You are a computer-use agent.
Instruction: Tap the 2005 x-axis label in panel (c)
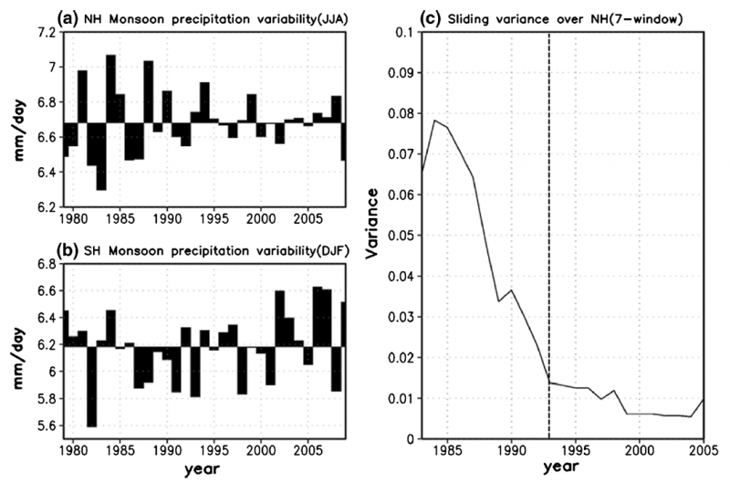click(x=702, y=451)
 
